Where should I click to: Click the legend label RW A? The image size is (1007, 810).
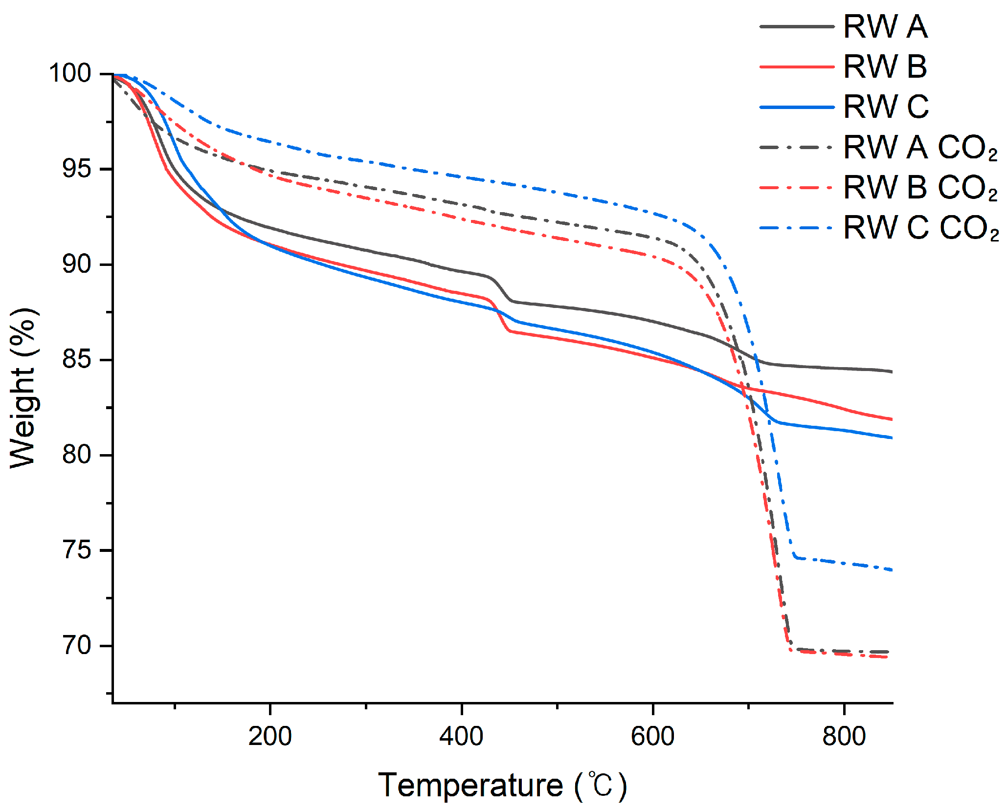[x=885, y=26]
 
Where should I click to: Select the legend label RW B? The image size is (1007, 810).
[x=885, y=66]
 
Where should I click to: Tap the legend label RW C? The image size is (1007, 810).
[x=886, y=107]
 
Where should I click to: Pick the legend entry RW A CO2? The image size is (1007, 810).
[x=920, y=147]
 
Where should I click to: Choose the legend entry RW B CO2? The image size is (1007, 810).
[x=920, y=187]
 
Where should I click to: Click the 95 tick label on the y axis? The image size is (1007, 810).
[x=77, y=169]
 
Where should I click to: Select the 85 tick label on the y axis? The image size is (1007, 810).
[x=77, y=359]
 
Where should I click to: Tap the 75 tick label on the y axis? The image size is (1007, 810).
[x=77, y=550]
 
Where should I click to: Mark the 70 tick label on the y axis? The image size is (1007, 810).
[x=77, y=645]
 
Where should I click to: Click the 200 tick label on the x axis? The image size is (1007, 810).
[x=270, y=736]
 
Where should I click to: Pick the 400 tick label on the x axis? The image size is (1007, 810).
[x=461, y=736]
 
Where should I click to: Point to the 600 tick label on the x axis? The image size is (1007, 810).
[x=653, y=736]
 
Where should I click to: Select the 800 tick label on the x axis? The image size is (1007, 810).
[x=844, y=736]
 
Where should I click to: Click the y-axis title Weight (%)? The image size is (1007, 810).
[x=23, y=389]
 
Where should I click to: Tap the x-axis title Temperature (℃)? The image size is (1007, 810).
[x=502, y=786]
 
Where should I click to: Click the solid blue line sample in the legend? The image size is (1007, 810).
[x=797, y=107]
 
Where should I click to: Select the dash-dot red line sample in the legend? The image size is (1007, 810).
[x=797, y=188]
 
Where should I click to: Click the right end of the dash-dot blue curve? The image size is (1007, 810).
[x=891, y=569]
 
